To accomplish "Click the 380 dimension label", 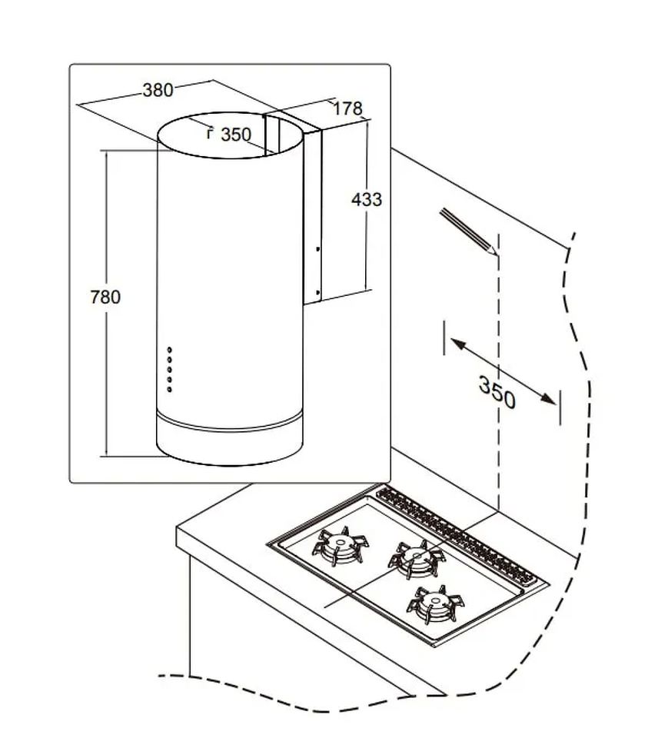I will pos(158,90).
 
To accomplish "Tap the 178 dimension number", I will pos(347,109).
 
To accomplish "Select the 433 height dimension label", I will pos(366,200).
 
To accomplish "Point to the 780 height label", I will pos(105,297).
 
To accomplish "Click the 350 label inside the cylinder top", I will pos(235,135).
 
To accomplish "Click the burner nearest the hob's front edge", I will pos(434,603).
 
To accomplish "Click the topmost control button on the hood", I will pos(169,350).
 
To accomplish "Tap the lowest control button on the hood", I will pos(169,391).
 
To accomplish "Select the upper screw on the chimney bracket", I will pos(317,248).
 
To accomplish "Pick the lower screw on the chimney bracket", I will pos(317,293).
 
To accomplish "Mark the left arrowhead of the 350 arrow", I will pos(454,344).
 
